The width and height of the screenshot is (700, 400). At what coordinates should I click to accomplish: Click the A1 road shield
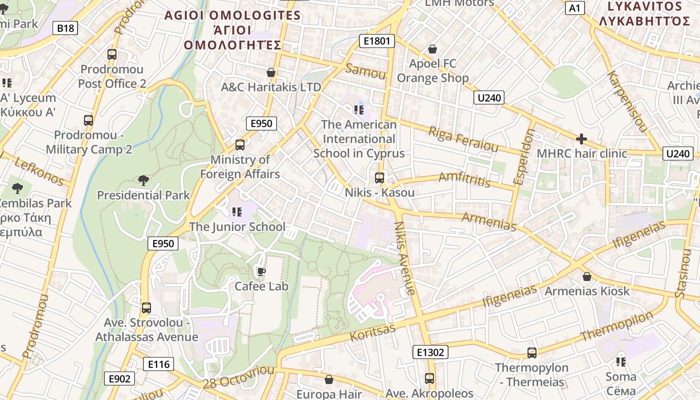tap(575, 7)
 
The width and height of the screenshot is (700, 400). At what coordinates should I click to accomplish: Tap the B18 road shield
tap(65, 28)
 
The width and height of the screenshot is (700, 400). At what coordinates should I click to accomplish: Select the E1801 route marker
tap(376, 41)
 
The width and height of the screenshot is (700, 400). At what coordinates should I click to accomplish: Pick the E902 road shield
tap(119, 378)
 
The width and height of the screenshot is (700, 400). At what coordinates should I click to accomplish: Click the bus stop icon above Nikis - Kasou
tap(379, 177)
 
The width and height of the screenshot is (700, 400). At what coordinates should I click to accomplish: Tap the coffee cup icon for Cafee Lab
tap(260, 271)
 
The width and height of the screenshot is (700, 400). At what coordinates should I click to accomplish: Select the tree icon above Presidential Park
tap(143, 180)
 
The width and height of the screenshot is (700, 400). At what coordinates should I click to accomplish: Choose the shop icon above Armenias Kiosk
tap(587, 276)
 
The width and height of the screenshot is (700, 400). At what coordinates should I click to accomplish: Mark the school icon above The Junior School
tap(237, 211)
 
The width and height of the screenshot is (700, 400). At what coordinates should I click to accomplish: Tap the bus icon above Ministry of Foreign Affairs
tap(240, 145)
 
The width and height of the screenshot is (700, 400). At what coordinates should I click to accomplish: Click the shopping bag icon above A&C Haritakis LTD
tap(271, 72)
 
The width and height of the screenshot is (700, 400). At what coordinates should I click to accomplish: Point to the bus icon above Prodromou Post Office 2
tap(112, 54)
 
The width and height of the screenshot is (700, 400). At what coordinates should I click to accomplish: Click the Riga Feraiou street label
tap(463, 139)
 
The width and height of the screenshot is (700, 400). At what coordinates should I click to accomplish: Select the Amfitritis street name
tap(464, 179)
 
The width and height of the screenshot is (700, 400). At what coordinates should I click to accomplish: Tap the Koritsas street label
tap(372, 332)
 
